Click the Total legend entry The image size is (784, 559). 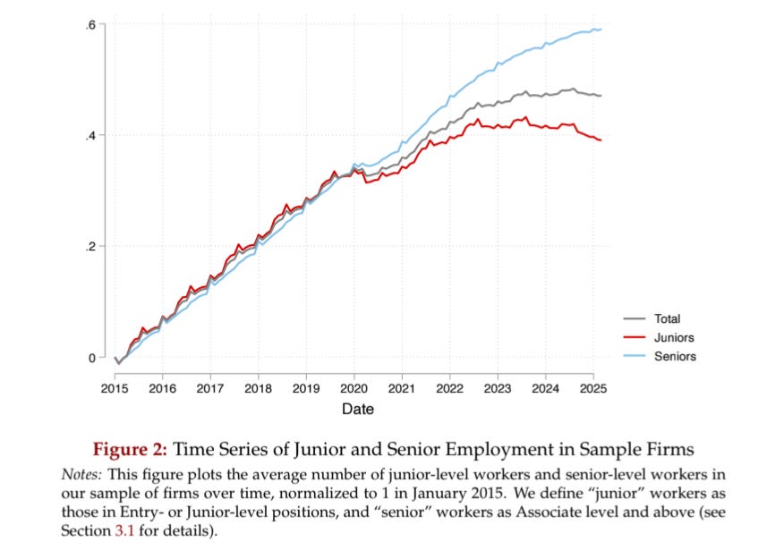pos(667,318)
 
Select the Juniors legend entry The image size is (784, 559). pos(674,337)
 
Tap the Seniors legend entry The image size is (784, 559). pos(675,356)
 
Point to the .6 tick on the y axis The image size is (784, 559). pos(90,24)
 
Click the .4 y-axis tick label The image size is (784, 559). pos(90,135)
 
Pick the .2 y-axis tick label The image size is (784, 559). pos(90,247)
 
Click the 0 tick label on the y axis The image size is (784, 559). pos(91,358)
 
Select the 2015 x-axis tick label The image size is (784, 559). pos(115,389)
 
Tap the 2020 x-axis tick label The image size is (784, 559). pos(354,389)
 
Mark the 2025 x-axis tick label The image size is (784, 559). pos(592,389)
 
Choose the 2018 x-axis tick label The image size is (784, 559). pos(258,389)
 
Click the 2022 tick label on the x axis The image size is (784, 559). pos(449,389)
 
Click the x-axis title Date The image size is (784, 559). pos(358,409)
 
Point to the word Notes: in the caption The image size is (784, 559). pos(81,472)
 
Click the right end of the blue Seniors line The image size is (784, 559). pos(601,30)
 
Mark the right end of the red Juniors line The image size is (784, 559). pos(601,140)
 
